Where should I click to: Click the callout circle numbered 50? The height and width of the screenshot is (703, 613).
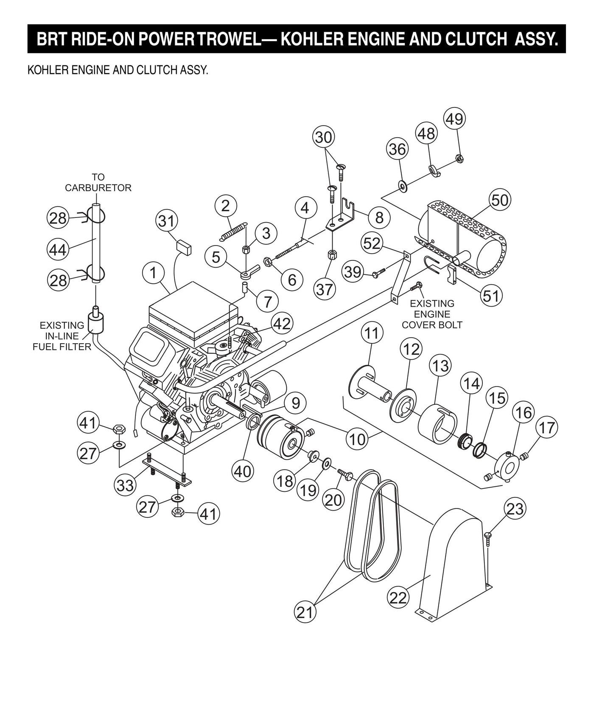tap(500, 200)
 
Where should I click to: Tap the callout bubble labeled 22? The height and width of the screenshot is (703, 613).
tap(398, 598)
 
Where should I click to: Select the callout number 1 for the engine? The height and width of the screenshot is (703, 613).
tap(153, 273)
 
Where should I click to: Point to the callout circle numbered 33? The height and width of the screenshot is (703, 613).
tap(125, 485)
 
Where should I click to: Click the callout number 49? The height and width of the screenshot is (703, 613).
tap(454, 119)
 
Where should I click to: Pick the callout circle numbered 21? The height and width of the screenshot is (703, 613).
tap(305, 613)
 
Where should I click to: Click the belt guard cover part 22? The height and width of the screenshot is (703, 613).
tap(454, 561)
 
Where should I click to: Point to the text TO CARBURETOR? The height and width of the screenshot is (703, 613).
tap(98, 182)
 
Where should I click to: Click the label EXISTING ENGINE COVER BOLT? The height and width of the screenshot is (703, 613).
tap(432, 314)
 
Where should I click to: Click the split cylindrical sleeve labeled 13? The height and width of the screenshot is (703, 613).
tap(438, 426)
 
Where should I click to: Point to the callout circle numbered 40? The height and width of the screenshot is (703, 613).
tap(243, 471)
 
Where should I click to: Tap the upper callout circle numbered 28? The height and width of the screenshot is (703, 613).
tap(58, 217)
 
